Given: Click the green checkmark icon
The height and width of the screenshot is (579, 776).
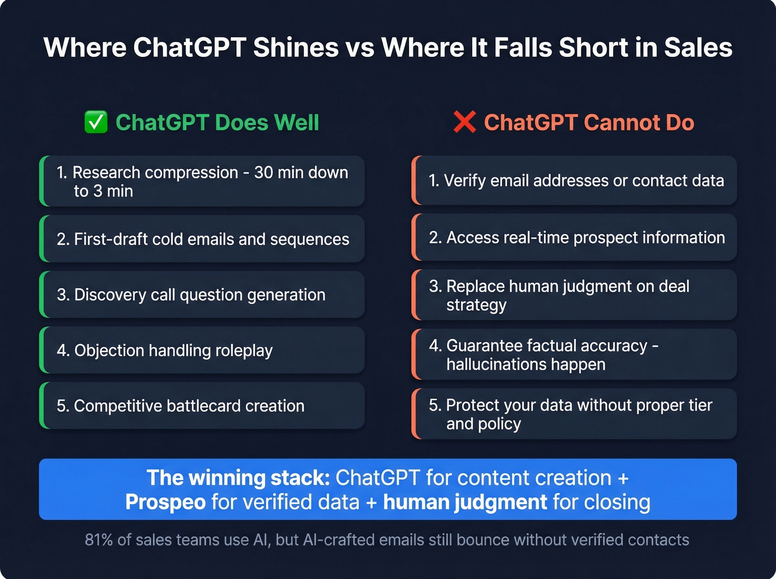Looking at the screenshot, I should click(x=96, y=122).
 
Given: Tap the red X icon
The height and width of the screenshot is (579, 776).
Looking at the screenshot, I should click(x=464, y=122).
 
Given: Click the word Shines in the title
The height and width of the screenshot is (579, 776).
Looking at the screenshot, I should click(x=296, y=48).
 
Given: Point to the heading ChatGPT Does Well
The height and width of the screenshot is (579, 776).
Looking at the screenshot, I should click(x=217, y=122).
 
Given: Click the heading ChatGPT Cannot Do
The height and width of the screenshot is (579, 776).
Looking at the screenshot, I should click(x=589, y=122).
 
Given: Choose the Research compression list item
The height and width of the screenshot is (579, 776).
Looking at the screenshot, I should click(x=202, y=181).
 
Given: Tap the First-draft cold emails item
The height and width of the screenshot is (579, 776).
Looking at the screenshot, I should click(x=202, y=239).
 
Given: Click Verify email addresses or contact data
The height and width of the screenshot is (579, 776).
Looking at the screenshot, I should click(x=576, y=181).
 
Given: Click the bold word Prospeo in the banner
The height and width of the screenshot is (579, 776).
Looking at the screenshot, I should click(x=165, y=502).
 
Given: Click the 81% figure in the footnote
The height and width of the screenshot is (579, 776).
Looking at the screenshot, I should click(x=99, y=540).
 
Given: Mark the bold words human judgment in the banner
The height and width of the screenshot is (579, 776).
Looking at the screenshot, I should click(x=464, y=502).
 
